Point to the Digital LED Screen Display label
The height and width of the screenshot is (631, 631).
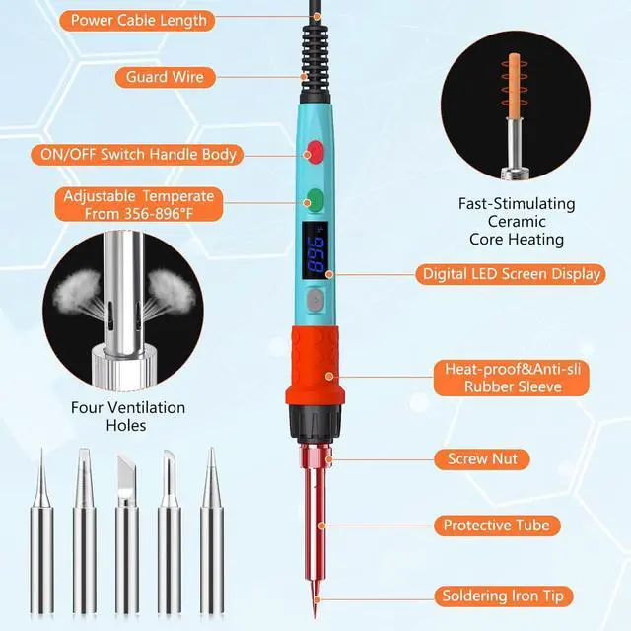pos(510,274)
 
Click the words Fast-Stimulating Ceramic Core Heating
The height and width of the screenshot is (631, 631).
pos(517,221)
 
